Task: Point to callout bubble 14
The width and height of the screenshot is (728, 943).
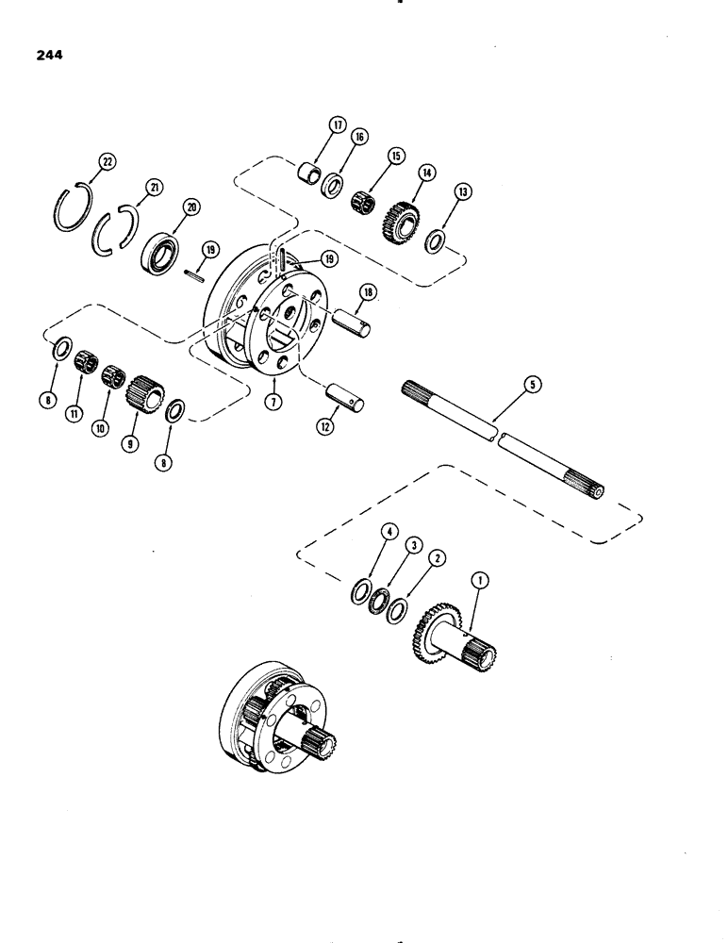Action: (x=430, y=174)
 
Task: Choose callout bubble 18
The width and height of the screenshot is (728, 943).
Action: (x=366, y=293)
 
